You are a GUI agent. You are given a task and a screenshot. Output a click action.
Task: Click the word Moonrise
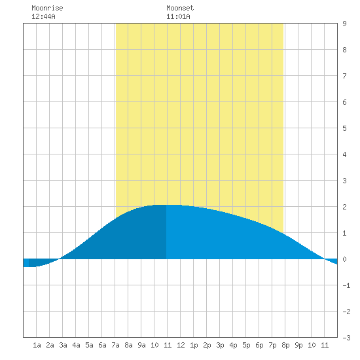pos(47,8)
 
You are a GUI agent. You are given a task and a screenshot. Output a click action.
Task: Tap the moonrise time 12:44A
pos(43,16)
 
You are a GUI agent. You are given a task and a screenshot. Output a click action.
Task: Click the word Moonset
pos(180,8)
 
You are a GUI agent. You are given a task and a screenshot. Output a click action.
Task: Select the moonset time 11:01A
pos(178,16)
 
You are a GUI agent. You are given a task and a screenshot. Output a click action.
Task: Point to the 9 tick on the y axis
pos(344,24)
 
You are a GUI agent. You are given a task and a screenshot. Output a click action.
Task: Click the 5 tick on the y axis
pos(344,128)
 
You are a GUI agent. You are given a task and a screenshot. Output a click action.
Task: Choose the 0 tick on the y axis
pos(344,259)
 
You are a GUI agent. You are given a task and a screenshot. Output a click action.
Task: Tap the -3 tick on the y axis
pos(346,338)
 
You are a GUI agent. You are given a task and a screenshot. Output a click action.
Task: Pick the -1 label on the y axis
pos(346,285)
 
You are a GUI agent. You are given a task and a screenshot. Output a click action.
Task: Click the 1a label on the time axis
pos(37,345)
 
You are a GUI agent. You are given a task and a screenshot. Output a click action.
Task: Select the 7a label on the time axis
pos(115,345)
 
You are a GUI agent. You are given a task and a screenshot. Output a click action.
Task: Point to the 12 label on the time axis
pos(181,345)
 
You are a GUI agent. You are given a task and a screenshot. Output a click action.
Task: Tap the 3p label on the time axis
pos(220,345)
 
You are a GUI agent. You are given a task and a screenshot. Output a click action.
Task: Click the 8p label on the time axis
pos(285,345)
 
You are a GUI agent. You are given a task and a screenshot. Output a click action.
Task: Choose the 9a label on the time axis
pos(141,345)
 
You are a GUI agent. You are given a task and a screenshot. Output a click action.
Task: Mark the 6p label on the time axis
pos(259,345)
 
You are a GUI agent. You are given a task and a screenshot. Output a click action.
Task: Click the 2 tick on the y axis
pos(344,207)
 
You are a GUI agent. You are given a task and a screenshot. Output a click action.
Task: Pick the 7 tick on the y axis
pos(344,76)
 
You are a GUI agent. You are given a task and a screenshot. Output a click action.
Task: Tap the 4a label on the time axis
pos(76,345)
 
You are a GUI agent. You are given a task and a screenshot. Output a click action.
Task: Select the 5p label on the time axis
pos(246,345)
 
